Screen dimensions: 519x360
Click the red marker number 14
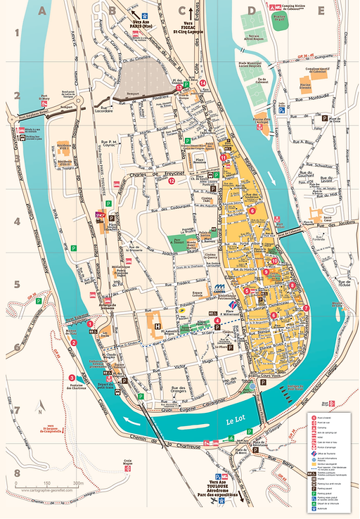click(x=202, y=83)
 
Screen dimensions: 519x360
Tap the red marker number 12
click(x=171, y=181)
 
